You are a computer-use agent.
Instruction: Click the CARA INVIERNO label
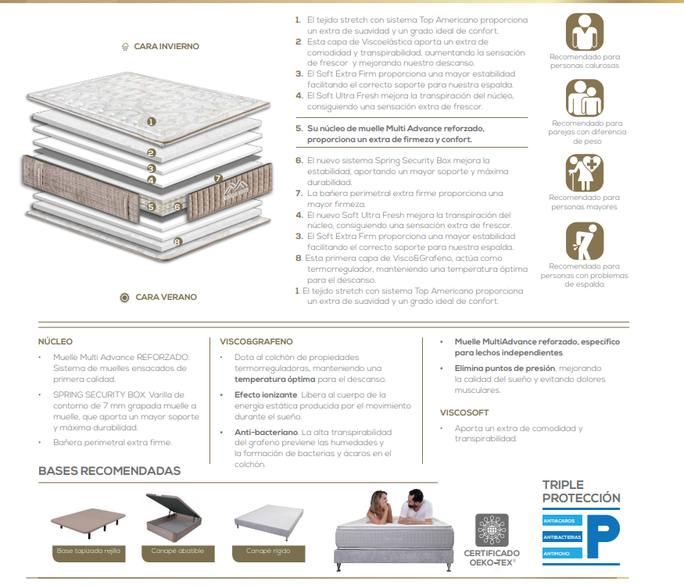[x=167, y=46]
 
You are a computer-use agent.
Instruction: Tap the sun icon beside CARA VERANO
[x=125, y=298]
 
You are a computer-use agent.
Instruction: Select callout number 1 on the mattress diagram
[x=152, y=122]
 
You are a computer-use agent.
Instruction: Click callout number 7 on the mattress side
[x=218, y=178]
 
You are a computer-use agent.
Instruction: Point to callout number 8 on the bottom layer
[x=177, y=241]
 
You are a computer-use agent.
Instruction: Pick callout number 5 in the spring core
[x=151, y=207]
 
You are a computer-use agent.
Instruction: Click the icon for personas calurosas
[x=585, y=32]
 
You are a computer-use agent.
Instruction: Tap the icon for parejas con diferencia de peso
[x=585, y=98]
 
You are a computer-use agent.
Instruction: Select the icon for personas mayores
[x=585, y=173]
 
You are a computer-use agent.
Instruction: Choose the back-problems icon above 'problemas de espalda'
[x=585, y=241]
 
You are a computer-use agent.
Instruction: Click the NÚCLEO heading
[x=56, y=341]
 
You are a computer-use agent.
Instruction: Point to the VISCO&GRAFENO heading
[x=256, y=341]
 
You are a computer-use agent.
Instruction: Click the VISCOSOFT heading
[x=464, y=412]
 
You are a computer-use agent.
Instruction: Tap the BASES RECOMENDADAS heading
[x=109, y=471]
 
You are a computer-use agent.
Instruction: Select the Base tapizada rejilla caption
[x=88, y=551]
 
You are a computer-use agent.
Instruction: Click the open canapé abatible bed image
[x=174, y=518]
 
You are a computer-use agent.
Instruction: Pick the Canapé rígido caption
[x=268, y=551]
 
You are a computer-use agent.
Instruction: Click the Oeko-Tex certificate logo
[x=492, y=530]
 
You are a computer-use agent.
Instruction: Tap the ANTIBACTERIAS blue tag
[x=562, y=537]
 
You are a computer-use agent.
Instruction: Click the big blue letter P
[x=603, y=536]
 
